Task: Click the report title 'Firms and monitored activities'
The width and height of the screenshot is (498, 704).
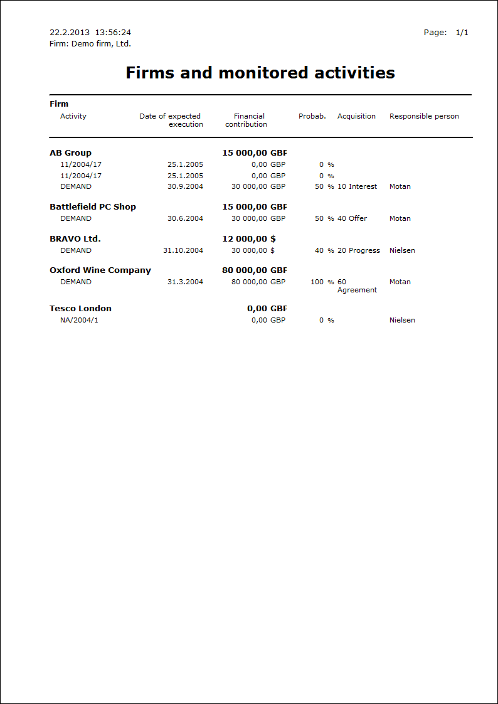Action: [260, 73]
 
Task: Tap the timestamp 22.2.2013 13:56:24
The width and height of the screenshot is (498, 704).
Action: [90, 33]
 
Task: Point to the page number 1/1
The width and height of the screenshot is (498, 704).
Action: [462, 33]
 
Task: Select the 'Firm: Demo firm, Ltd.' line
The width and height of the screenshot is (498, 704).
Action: [90, 44]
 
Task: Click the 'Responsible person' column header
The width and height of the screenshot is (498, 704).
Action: [424, 116]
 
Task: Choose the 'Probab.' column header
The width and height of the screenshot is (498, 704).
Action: [312, 116]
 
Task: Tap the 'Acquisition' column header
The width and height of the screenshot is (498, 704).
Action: [356, 116]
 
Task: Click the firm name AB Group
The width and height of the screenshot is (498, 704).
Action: [70, 153]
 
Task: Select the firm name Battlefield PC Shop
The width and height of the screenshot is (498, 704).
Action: [93, 207]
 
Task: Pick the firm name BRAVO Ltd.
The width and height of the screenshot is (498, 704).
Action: [75, 239]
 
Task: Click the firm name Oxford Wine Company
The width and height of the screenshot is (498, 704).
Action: [100, 270]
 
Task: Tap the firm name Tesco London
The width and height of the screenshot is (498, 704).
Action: [80, 309]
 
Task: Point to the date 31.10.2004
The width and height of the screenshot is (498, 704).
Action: [183, 250]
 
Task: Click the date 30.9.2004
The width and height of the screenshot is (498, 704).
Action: [185, 186]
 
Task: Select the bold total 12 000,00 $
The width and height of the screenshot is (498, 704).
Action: [249, 239]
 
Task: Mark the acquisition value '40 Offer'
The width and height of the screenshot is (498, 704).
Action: [352, 218]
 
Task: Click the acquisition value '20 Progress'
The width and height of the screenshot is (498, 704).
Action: [359, 250]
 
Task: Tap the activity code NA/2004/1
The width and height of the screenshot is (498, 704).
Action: [79, 320]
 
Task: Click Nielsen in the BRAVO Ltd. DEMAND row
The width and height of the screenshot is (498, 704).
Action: [402, 250]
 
